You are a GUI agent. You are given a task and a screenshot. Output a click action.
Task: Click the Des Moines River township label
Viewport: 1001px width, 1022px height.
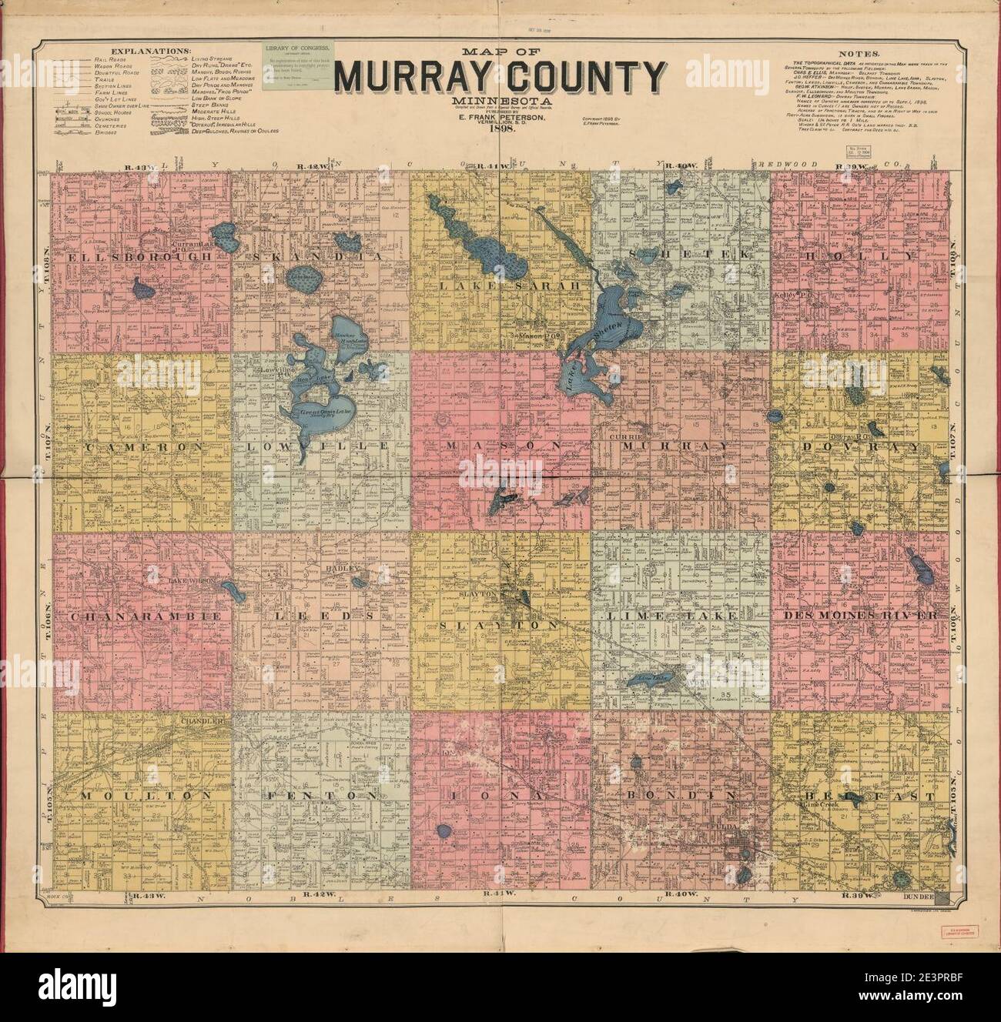tap(860, 617)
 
